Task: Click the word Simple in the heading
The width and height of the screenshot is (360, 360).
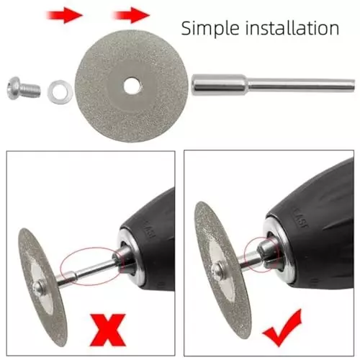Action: click(209, 28)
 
